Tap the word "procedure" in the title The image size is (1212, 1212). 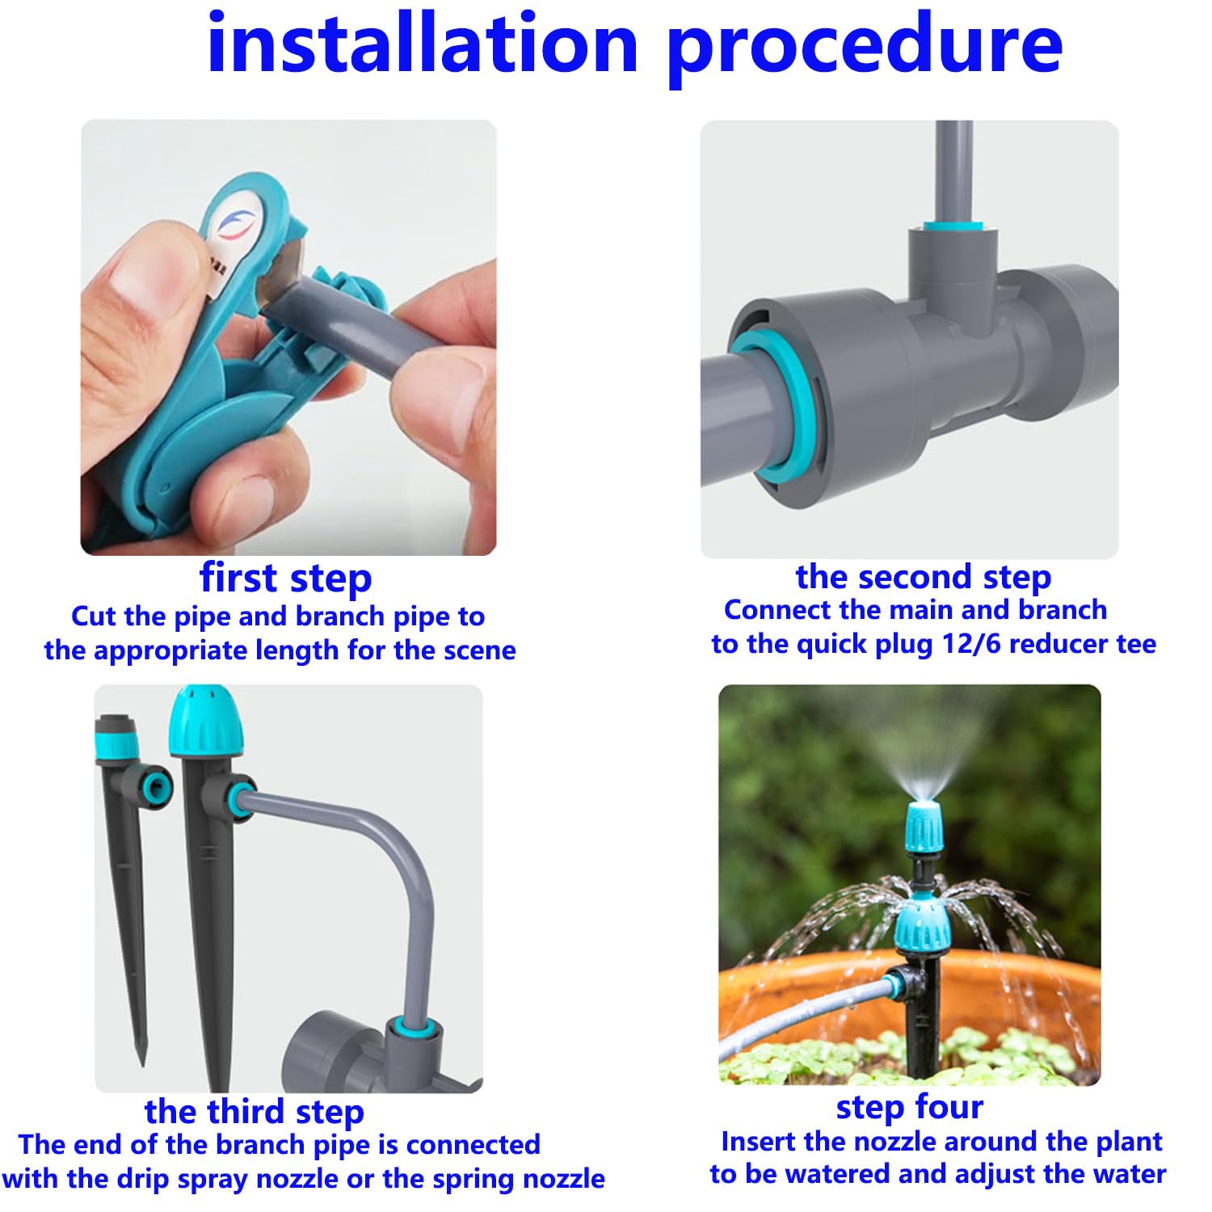pos(865,51)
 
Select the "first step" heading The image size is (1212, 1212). pos(286,579)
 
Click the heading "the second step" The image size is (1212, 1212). pos(924,577)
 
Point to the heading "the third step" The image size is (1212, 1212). pos(255,1112)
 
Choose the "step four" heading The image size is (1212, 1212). pos(910,1108)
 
